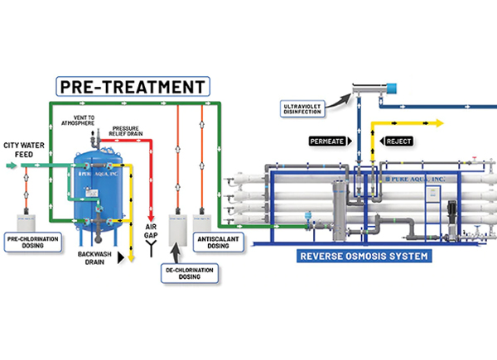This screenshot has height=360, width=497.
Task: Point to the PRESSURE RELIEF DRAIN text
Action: click(129, 132)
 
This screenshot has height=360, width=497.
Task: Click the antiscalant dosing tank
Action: click(200, 223)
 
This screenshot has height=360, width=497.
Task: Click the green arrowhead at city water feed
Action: click(12, 166)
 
